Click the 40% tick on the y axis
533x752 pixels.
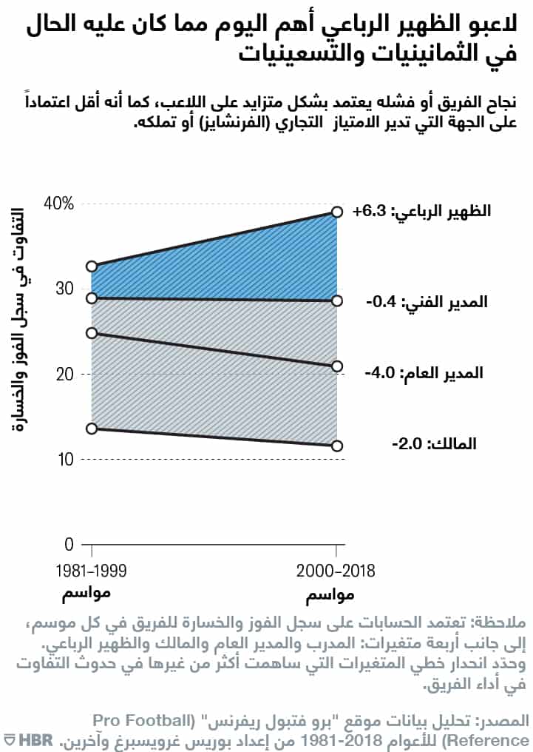58,204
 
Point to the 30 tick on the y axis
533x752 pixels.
65,289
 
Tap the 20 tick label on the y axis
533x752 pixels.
65,374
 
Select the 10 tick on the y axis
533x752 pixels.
65,460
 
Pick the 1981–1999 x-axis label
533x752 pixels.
92,571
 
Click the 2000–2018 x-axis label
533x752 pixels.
336,571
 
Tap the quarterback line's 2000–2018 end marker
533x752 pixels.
337,212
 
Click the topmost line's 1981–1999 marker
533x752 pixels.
92,266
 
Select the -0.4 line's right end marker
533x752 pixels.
337,301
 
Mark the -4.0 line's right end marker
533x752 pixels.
337,366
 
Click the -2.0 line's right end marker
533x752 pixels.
337,446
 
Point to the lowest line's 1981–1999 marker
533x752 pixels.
92,429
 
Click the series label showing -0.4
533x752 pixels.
424,302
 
